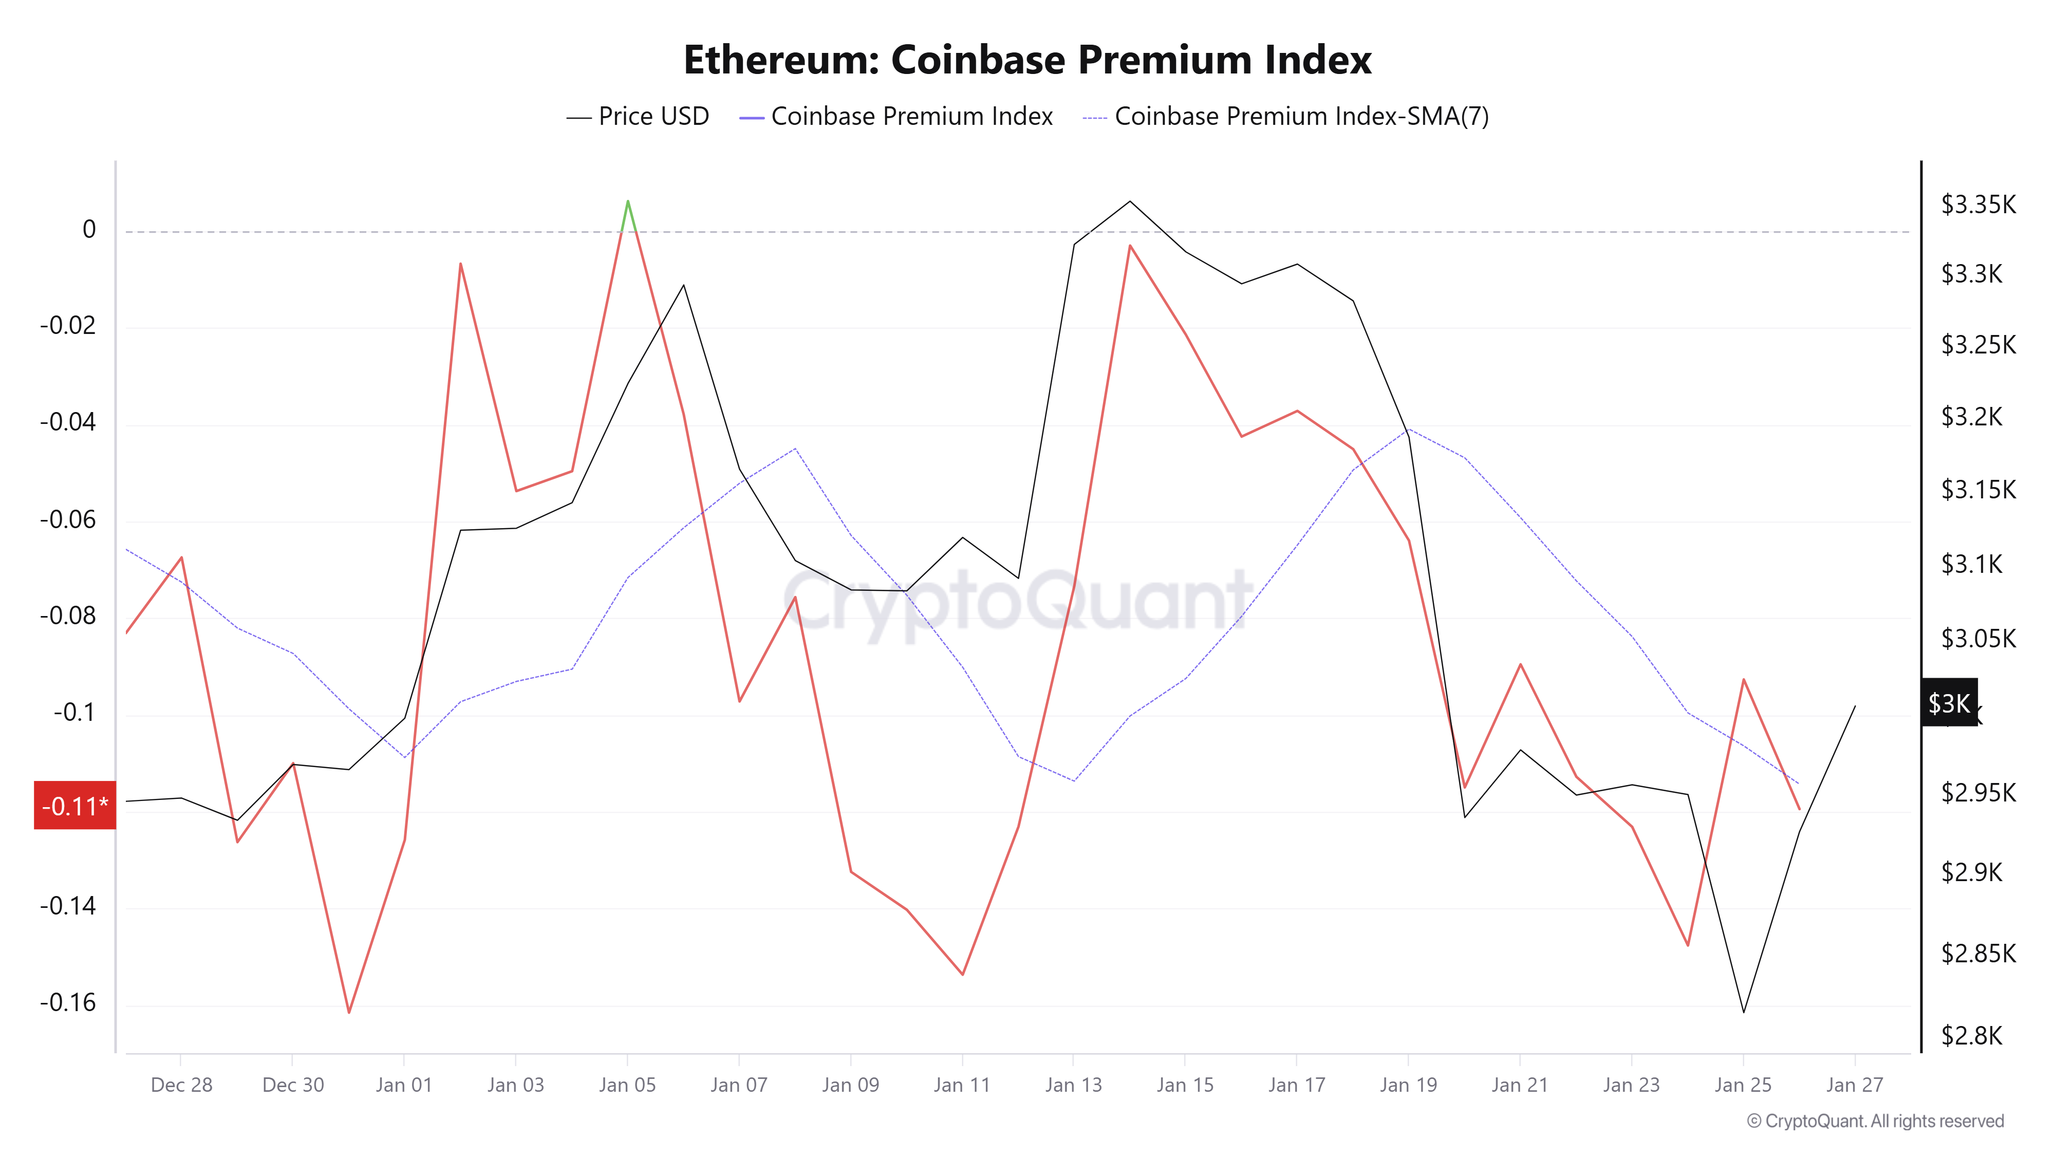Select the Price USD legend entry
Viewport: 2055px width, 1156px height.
click(x=638, y=117)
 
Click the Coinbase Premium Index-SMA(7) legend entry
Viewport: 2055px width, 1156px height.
click(x=1285, y=117)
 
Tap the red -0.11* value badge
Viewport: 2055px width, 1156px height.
click(x=75, y=806)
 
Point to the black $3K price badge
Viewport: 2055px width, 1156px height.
click(x=1948, y=703)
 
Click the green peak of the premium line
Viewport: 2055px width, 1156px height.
click(x=628, y=202)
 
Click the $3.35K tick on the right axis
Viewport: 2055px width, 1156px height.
click(x=1977, y=204)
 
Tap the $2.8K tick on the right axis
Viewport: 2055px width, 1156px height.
click(x=1971, y=1036)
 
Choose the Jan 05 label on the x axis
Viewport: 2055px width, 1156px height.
click(x=627, y=1085)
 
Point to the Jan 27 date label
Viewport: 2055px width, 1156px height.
click(x=1854, y=1085)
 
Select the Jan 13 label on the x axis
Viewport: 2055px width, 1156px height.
click(x=1073, y=1085)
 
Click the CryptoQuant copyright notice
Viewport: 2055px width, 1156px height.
click(x=1875, y=1121)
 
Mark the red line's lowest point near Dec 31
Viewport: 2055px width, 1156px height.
click(x=349, y=1012)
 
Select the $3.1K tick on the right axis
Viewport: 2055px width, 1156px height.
click(x=1971, y=564)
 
